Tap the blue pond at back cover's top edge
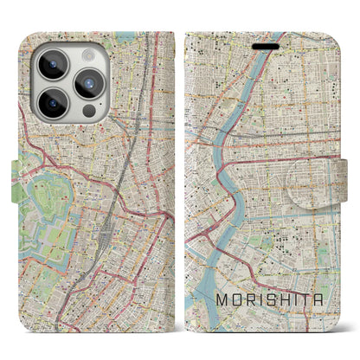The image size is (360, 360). tap(126, 38)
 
